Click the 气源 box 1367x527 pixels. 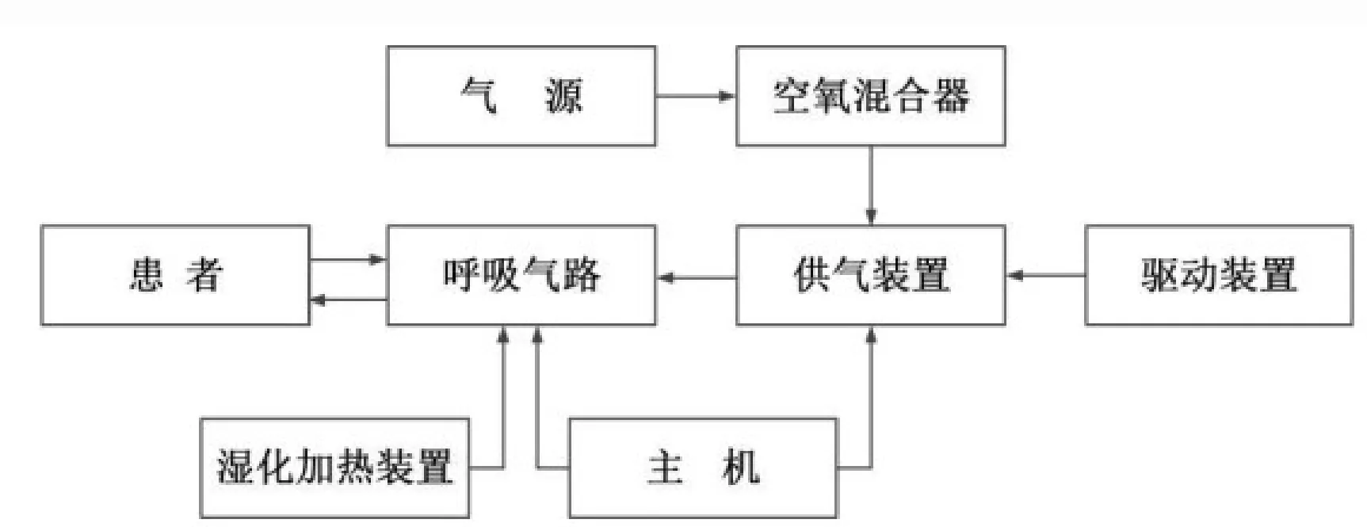pyautogui.click(x=521, y=96)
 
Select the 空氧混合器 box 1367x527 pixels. pyautogui.click(x=870, y=96)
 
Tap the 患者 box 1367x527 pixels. pyautogui.click(x=175, y=275)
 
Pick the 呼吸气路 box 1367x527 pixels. pyautogui.click(x=521, y=275)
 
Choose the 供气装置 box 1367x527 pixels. pyautogui.click(x=870, y=275)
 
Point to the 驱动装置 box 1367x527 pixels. pyautogui.click(x=1218, y=275)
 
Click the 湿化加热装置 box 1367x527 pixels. pyautogui.click(x=334, y=468)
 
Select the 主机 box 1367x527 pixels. pyautogui.click(x=703, y=468)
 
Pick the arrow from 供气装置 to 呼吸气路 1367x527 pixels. pyautogui.click(x=696, y=277)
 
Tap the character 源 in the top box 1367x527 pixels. pyautogui.click(x=563, y=97)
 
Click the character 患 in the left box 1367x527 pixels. pyautogui.click(x=147, y=276)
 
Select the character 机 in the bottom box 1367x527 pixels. pyautogui.click(x=741, y=468)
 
